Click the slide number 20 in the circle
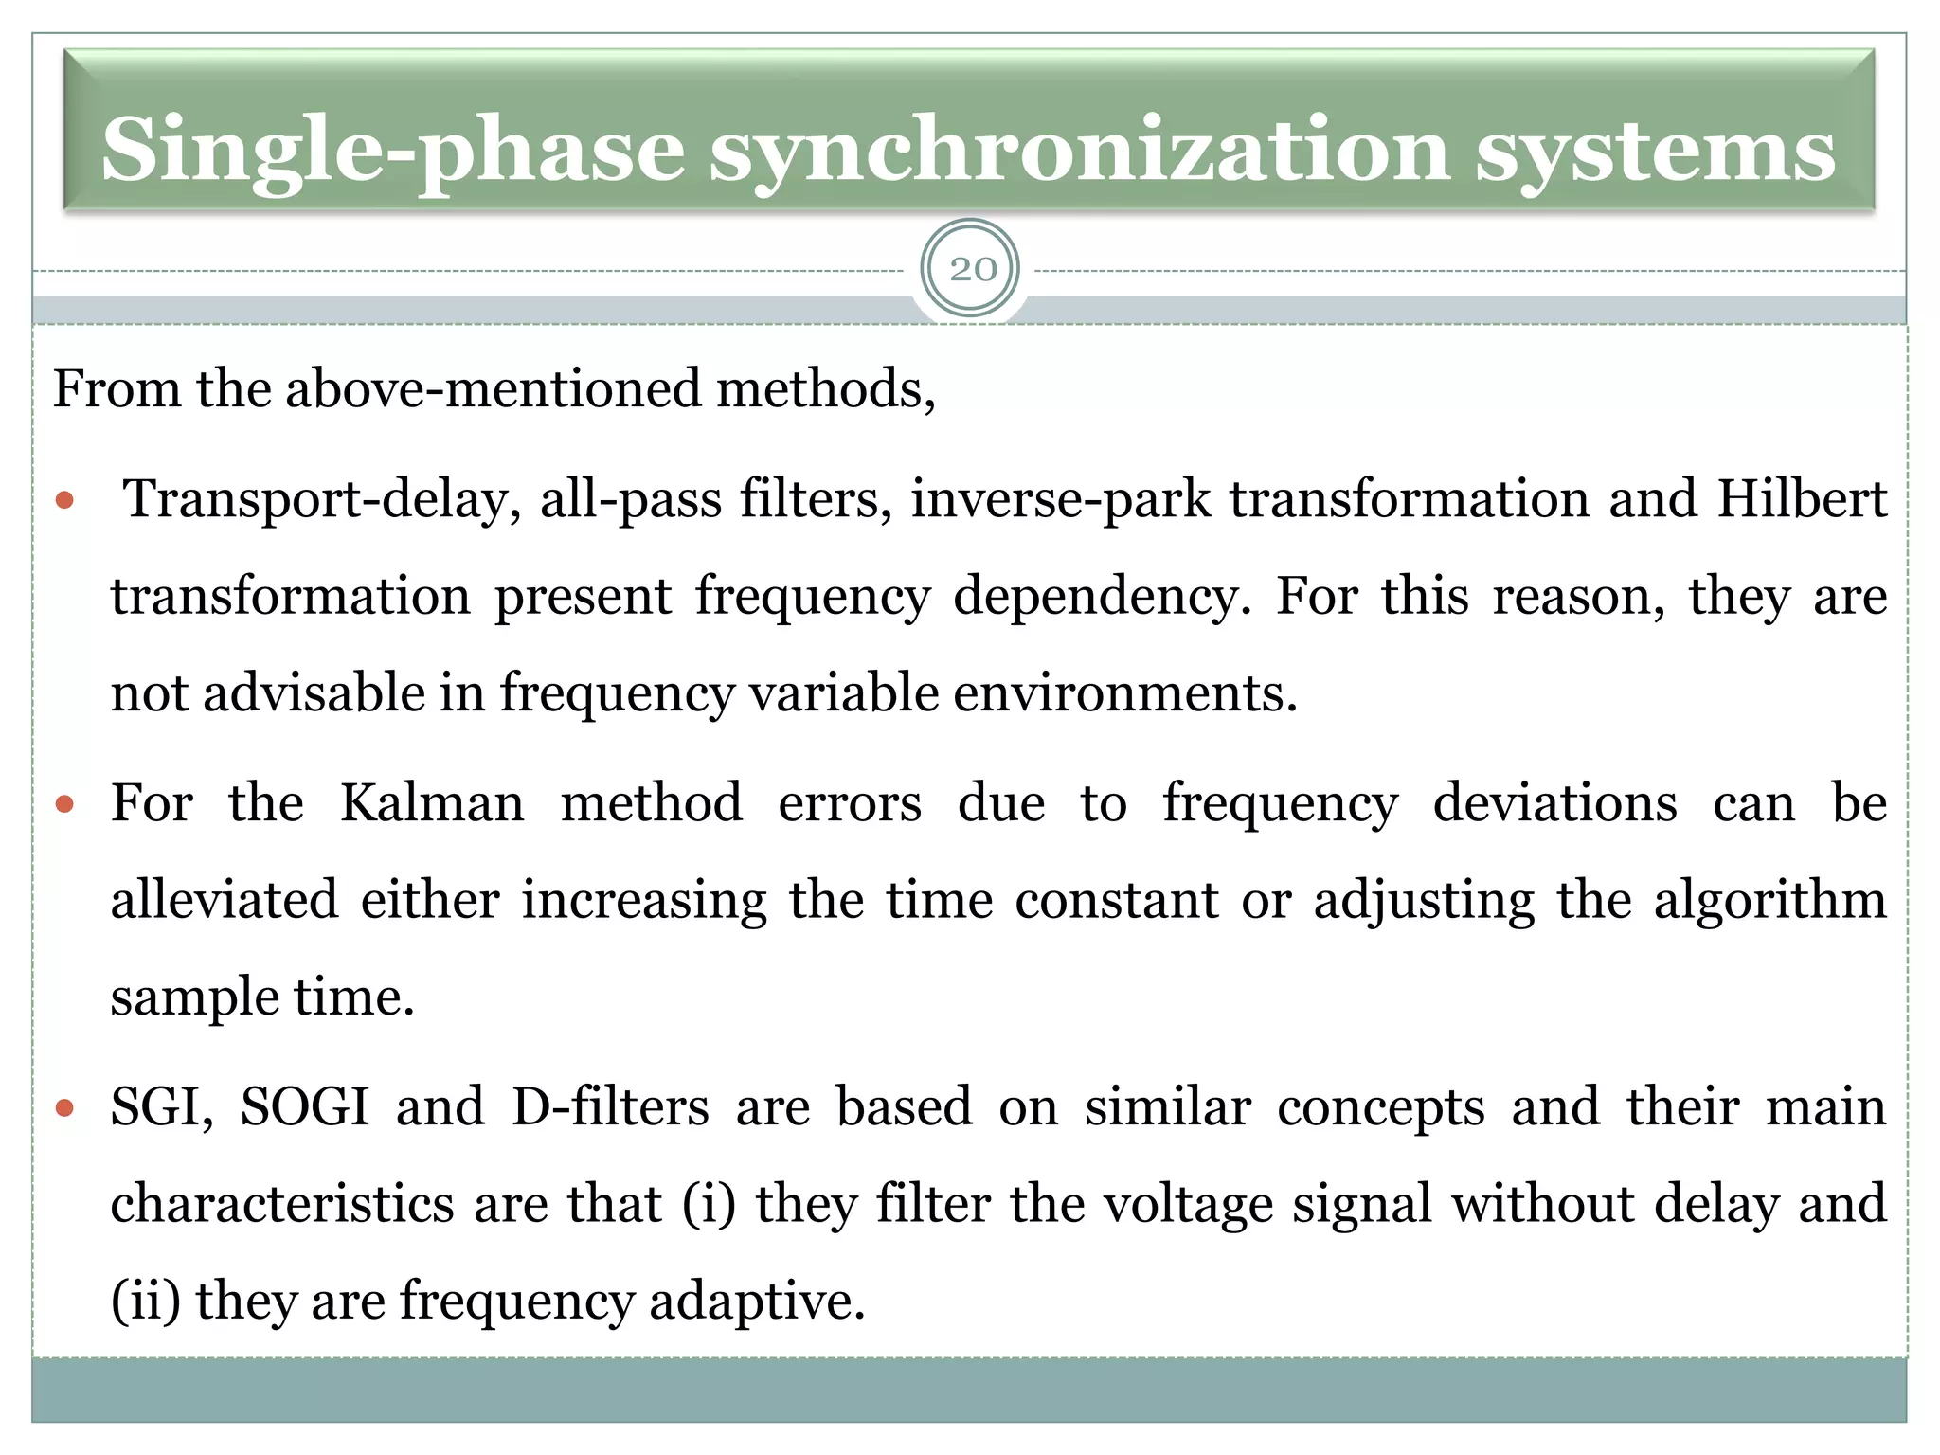pos(972,270)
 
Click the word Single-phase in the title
pos(392,150)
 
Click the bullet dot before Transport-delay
pos(64,500)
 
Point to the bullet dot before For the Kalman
pos(64,805)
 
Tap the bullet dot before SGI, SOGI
pos(64,1107)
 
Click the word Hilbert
pos(1802,499)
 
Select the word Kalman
pos(431,803)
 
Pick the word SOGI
pos(304,1106)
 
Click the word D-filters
pos(610,1106)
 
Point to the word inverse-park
pos(1060,499)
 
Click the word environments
pos(1124,693)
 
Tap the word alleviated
pos(225,900)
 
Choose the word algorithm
pos(1769,900)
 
